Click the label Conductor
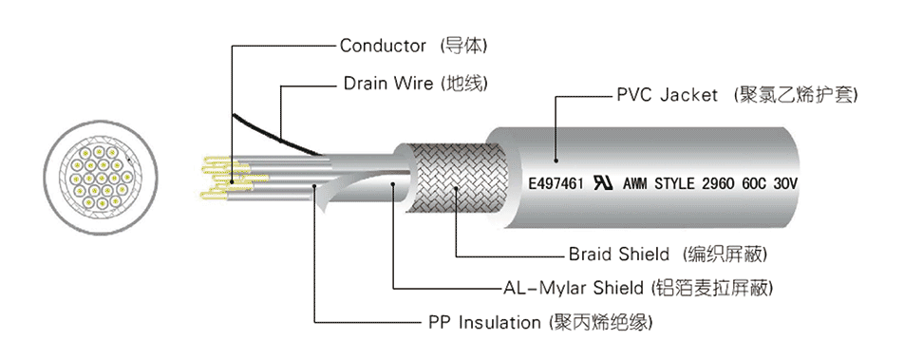click(383, 46)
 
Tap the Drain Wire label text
click(388, 83)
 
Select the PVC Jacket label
click(667, 95)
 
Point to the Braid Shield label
click(618, 254)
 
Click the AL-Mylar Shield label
click(574, 287)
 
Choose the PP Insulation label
click(485, 322)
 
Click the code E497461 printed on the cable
click(556, 184)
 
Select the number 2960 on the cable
click(718, 184)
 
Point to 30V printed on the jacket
click(784, 184)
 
